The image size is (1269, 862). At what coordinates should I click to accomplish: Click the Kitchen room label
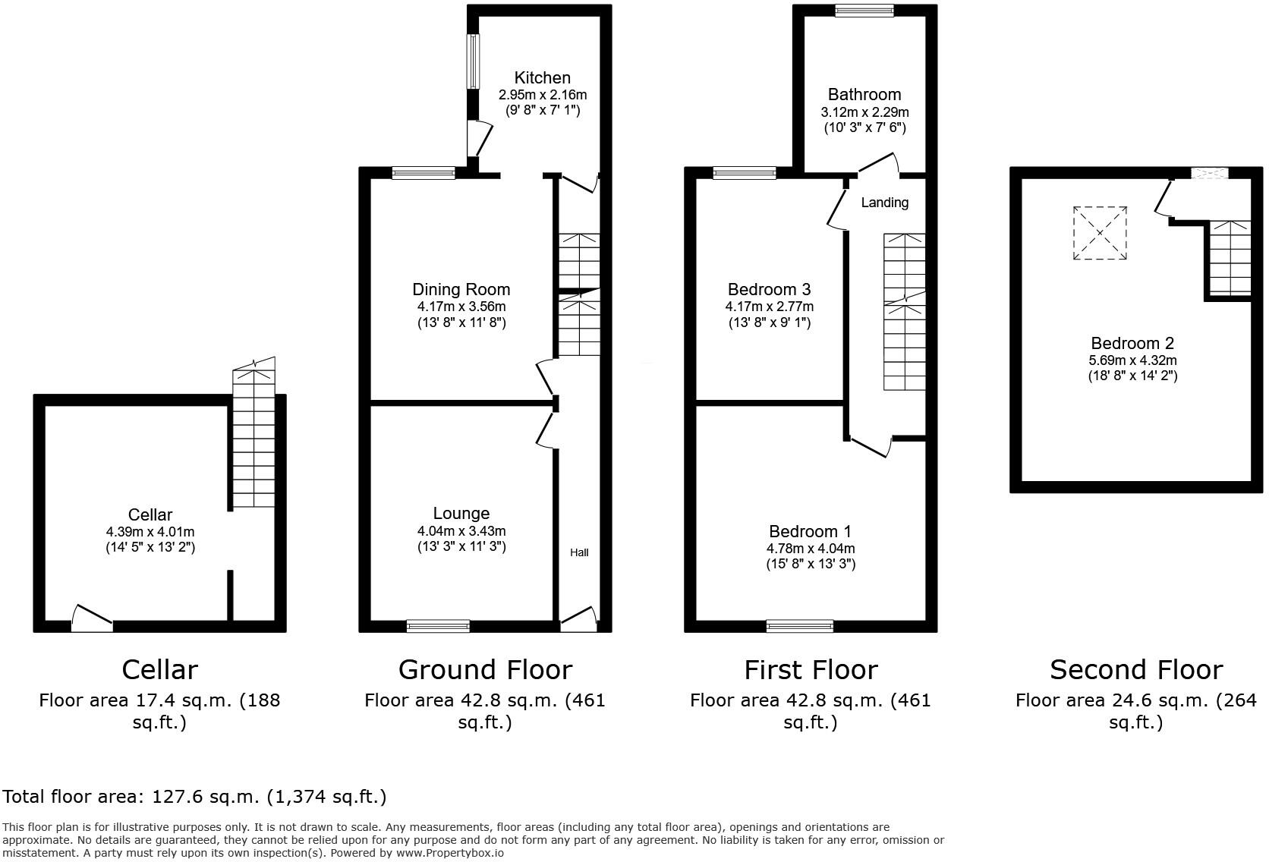(x=542, y=78)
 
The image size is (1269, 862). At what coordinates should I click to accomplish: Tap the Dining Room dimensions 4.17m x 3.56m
(x=461, y=307)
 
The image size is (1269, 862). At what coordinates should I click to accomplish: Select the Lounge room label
(x=461, y=514)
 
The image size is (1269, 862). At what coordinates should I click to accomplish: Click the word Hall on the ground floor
(x=579, y=552)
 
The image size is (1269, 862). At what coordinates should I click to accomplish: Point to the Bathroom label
(x=864, y=95)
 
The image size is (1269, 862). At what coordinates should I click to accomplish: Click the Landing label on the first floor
(x=884, y=203)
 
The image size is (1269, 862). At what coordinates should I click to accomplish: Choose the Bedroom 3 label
(x=769, y=289)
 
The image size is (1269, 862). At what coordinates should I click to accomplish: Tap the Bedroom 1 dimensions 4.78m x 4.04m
(x=810, y=548)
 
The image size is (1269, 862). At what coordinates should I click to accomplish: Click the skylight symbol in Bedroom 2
(x=1099, y=233)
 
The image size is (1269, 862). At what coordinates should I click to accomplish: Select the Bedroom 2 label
(x=1132, y=344)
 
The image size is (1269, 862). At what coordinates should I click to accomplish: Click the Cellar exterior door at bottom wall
(x=92, y=618)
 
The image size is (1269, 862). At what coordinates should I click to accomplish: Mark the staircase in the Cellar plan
(x=253, y=440)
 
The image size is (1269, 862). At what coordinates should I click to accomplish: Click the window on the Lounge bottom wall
(x=438, y=626)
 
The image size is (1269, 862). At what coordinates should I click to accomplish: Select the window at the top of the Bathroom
(x=864, y=11)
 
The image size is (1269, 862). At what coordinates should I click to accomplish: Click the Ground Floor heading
(x=485, y=669)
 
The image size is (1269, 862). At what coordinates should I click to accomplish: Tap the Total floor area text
(x=194, y=797)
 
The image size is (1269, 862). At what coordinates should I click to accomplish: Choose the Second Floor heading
(x=1135, y=669)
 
